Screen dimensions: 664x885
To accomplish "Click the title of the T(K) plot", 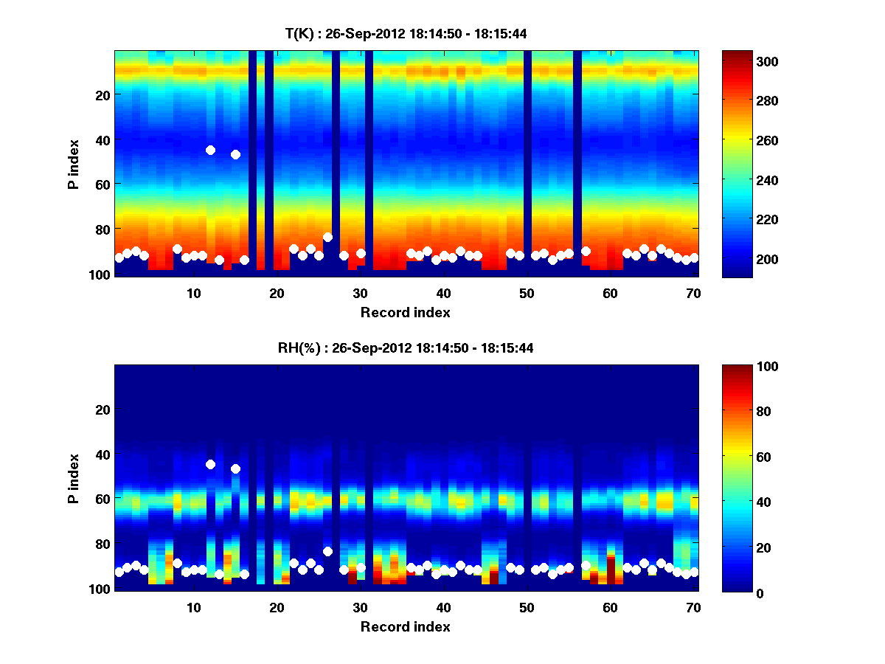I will click(406, 33).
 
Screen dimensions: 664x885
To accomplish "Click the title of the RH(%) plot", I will click(406, 347).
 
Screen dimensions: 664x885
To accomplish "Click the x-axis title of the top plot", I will click(406, 312).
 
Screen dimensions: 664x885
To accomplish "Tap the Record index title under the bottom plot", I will click(406, 626).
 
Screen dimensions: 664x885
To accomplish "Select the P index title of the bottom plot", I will click(74, 478).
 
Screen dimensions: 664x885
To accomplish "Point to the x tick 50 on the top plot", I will click(527, 292).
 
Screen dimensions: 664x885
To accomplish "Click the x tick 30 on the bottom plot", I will click(360, 606).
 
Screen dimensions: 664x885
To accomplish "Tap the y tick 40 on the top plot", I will click(102, 139).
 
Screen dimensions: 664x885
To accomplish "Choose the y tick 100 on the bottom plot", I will click(99, 589).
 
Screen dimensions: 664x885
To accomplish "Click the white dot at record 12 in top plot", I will click(210, 150).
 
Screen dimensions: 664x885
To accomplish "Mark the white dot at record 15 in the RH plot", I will click(235, 468).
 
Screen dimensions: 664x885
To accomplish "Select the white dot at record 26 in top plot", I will click(327, 237).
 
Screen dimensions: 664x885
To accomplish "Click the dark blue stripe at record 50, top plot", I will click(527, 162).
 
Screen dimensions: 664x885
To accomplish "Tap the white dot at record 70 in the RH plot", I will click(694, 572).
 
